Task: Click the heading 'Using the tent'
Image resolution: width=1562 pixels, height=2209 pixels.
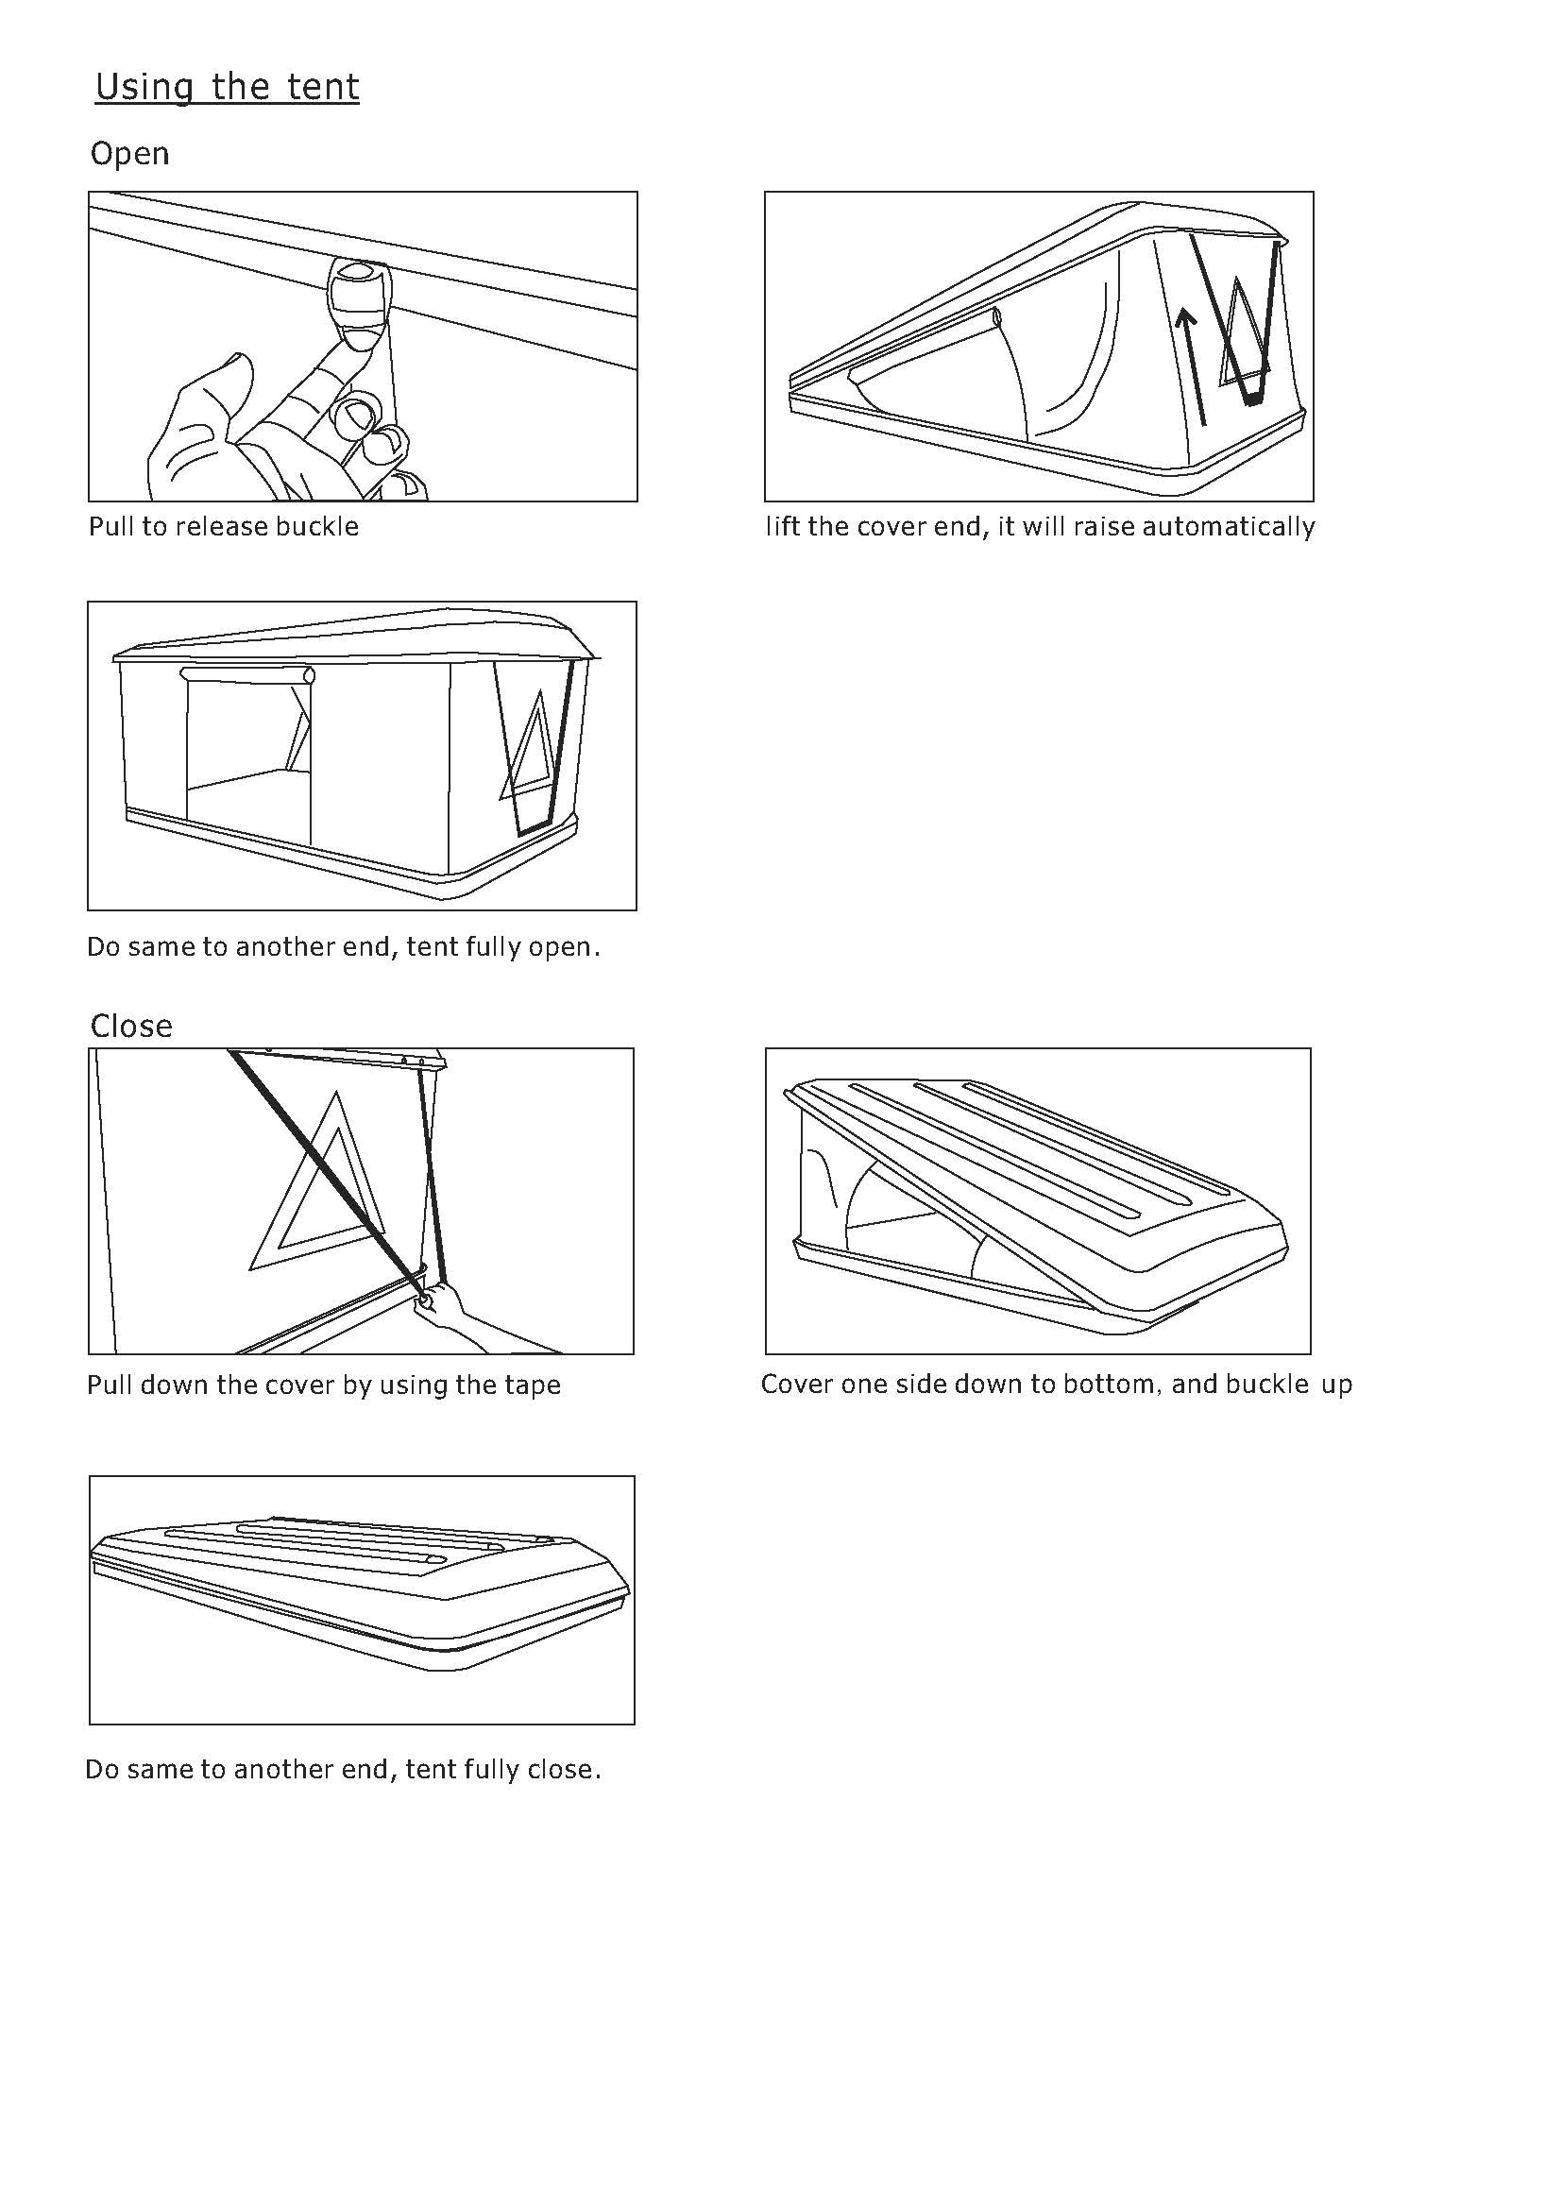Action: tap(227, 88)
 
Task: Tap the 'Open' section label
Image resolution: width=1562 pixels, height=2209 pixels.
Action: tap(129, 154)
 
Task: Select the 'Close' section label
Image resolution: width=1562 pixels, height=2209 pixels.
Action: tap(131, 1026)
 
